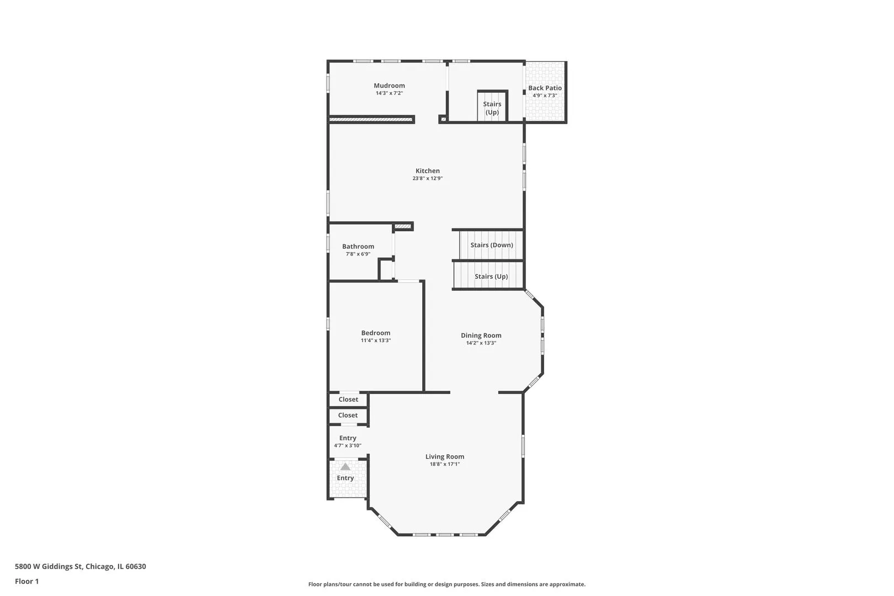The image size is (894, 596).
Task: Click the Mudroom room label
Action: tap(389, 86)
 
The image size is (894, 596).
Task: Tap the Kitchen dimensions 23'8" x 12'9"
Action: tap(428, 178)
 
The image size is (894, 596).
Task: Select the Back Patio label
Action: tap(545, 88)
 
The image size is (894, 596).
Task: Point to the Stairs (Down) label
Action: tap(492, 245)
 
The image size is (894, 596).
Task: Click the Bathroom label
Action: tap(358, 246)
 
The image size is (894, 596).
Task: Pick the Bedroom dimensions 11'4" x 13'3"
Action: tap(376, 340)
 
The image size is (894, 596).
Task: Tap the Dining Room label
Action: tap(481, 336)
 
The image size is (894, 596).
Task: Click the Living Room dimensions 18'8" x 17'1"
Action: tap(445, 464)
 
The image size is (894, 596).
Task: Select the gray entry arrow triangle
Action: tap(345, 466)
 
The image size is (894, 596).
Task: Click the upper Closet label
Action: tap(348, 399)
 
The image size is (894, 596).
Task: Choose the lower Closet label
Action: tap(348, 415)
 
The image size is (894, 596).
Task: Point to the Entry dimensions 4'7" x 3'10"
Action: tap(348, 445)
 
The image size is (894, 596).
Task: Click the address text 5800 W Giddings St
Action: tap(49, 566)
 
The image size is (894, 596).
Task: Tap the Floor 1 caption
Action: tap(26, 581)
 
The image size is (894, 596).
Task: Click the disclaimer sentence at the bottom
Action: tap(447, 584)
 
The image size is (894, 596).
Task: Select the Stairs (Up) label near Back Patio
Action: tap(492, 108)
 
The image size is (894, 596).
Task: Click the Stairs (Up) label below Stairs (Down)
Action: tap(491, 276)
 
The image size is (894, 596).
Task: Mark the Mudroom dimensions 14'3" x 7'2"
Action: tap(389, 93)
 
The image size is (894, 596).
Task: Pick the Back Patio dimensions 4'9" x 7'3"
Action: tap(545, 95)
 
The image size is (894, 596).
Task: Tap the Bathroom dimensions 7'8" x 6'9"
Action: tap(358, 254)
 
